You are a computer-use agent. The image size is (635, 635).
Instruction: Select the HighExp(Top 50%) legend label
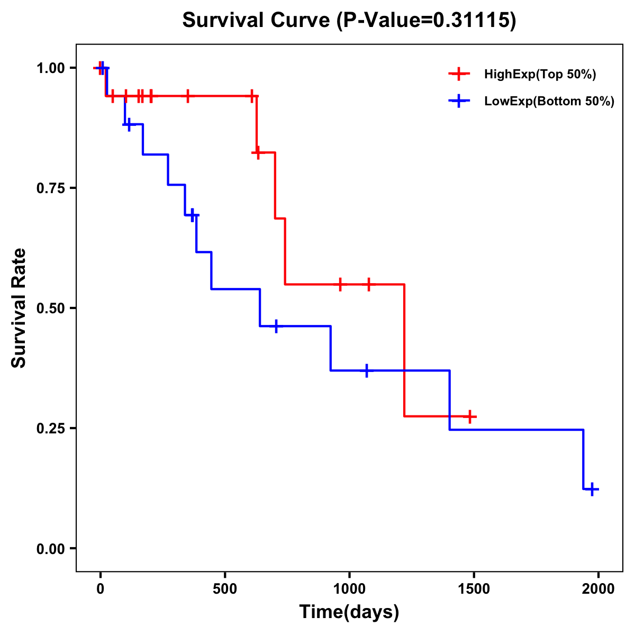540,75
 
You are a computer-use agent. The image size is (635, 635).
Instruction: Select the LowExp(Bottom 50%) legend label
549,102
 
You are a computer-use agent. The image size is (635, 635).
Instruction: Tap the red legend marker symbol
459,74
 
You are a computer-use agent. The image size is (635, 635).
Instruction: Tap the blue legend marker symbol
459,101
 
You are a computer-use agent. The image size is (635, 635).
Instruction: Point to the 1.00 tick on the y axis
50,68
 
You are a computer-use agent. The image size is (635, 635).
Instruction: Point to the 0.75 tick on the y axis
50,188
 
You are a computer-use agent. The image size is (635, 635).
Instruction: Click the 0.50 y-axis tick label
50,308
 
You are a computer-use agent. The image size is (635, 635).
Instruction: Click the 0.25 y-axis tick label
50,428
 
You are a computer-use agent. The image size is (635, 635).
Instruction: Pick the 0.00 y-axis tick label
50,548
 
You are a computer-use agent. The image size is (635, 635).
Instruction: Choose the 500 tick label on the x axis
225,589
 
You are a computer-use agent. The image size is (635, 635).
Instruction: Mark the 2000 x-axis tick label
598,589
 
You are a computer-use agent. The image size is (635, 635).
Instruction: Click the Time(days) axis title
349,612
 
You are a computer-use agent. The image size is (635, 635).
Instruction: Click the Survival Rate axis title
19,308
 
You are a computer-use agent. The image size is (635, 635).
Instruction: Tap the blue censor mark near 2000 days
593,489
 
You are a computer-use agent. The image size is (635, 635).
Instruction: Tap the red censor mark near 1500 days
469,416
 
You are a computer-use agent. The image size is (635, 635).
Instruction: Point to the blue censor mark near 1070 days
366,370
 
